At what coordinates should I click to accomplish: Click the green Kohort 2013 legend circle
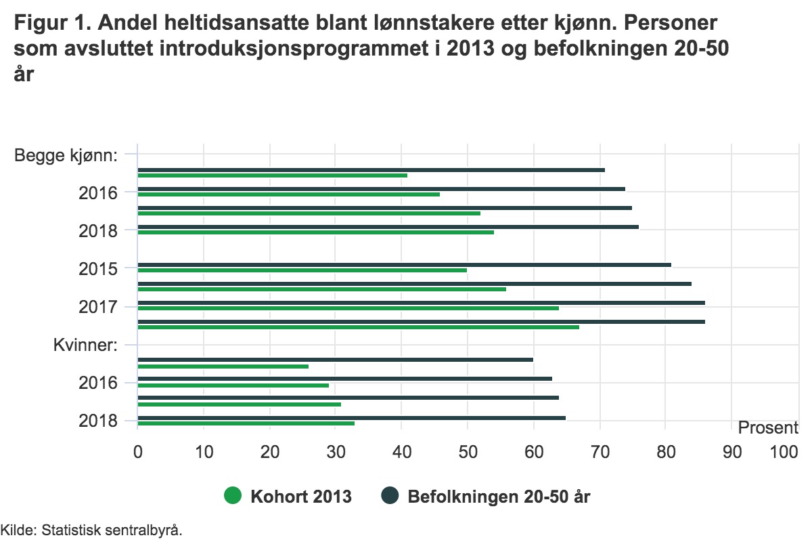tap(233, 497)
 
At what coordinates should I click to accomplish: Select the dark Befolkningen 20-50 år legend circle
tap(389, 497)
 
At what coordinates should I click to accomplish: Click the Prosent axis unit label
tap(768, 428)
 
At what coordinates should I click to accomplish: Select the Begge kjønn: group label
tap(66, 155)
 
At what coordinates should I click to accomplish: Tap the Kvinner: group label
tap(86, 345)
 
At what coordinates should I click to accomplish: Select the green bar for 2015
tap(302, 270)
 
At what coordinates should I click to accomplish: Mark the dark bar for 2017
tap(421, 303)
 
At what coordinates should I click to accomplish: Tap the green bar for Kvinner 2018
tap(246, 423)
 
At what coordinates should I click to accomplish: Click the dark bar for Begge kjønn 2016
tap(381, 189)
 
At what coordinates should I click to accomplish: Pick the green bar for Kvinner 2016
tap(233, 385)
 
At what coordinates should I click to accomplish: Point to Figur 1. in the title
tap(51, 24)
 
